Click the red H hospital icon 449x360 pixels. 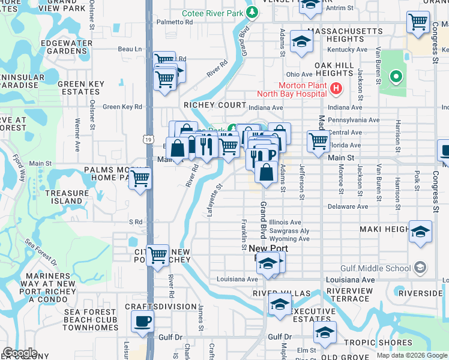click(336, 89)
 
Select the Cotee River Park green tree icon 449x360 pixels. click(253, 11)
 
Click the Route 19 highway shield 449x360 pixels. click(148, 139)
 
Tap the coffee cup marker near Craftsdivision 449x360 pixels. click(142, 322)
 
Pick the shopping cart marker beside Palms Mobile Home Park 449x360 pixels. click(140, 178)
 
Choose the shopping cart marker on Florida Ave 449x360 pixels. click(318, 142)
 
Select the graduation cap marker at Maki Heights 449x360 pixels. click(420, 232)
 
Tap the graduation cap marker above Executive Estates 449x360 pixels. click(280, 304)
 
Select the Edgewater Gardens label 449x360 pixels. click(67, 47)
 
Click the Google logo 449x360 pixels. click(20, 353)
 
